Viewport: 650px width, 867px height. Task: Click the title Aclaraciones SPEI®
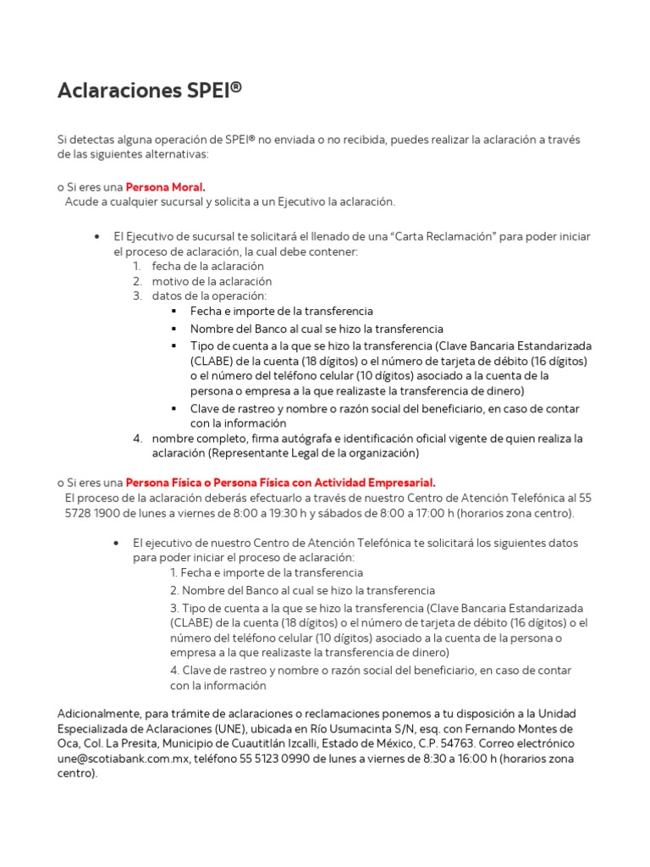point(149,91)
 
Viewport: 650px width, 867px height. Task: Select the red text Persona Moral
point(166,186)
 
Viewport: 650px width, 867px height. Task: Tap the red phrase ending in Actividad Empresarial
point(281,482)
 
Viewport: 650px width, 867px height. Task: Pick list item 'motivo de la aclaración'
point(212,281)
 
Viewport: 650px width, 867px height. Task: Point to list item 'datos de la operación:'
point(209,296)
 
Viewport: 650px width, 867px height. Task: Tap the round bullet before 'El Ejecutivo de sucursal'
point(98,235)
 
